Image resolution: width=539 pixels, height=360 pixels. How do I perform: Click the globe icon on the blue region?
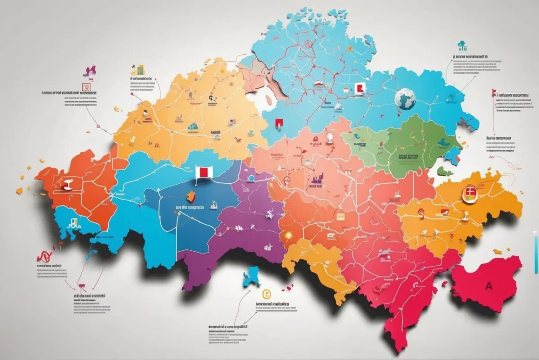click(405, 99)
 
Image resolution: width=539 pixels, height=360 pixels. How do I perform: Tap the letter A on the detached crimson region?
click(489, 285)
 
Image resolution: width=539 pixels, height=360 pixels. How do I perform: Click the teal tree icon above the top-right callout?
click(462, 46)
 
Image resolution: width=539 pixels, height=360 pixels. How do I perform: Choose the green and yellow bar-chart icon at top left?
click(139, 70)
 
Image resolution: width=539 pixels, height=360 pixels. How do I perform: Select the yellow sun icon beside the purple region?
click(289, 235)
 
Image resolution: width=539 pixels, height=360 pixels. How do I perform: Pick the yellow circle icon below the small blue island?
click(264, 293)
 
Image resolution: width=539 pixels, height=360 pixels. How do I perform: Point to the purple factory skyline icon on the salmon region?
click(316, 181)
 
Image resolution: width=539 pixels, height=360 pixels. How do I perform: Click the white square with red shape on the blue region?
click(359, 88)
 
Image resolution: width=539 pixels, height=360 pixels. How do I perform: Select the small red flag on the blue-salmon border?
click(278, 124)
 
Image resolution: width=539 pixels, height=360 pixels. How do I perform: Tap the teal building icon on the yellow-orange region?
click(193, 126)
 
